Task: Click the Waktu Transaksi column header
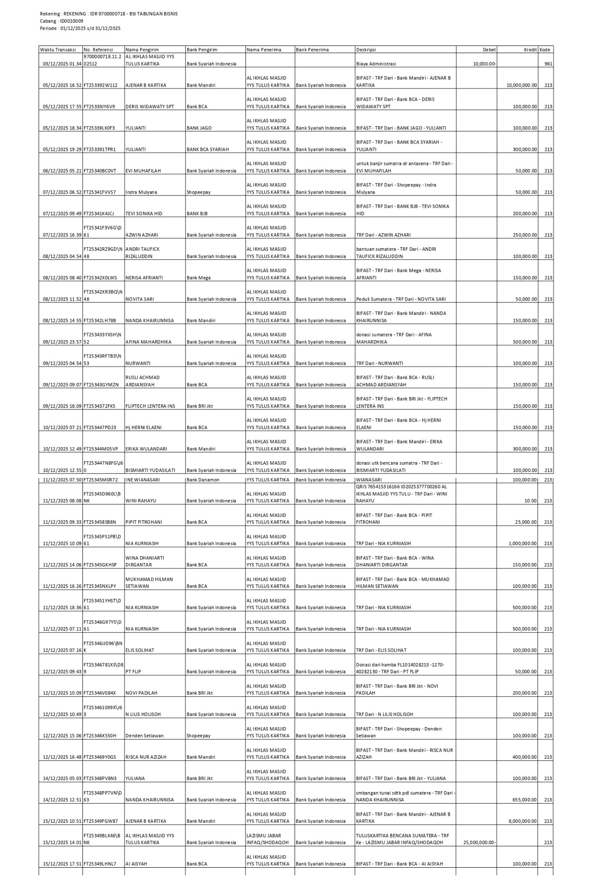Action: tap(58, 50)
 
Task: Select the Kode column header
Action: tap(545, 50)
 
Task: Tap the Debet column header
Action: tap(489, 50)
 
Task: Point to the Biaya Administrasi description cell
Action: tap(376, 64)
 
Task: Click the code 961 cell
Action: tap(548, 64)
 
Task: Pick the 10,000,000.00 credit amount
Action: tap(521, 85)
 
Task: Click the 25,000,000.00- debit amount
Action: tap(480, 843)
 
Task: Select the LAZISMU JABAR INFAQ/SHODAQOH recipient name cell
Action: tap(268, 839)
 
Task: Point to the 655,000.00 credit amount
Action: tap(525, 800)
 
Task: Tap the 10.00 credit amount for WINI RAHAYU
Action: tap(530, 501)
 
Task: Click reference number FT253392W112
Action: tap(101, 85)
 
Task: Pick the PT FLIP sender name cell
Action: tap(134, 672)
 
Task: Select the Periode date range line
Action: tap(80, 28)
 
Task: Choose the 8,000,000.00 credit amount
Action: tap(523, 821)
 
